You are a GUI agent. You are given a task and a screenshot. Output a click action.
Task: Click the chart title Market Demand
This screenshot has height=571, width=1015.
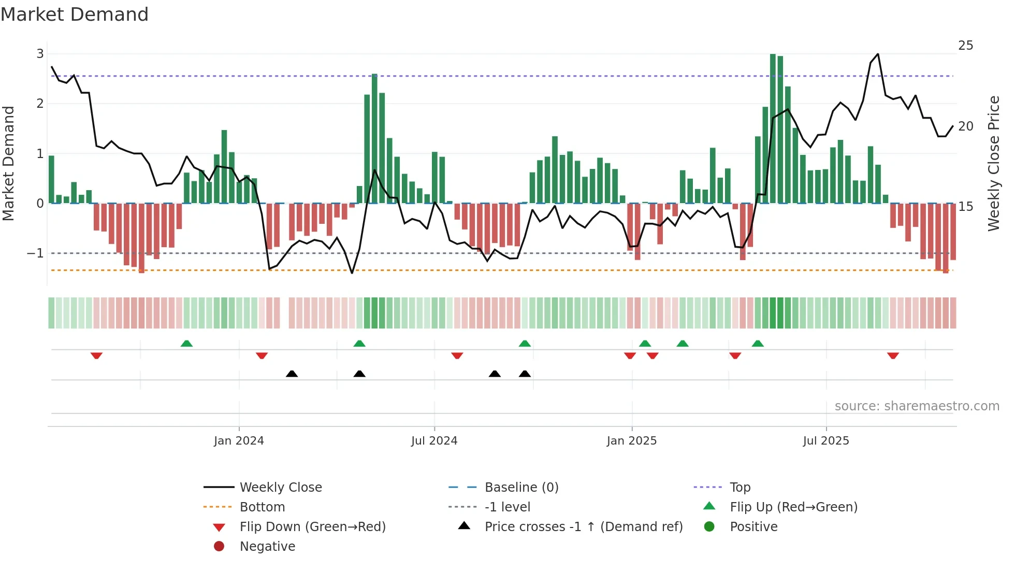pos(75,14)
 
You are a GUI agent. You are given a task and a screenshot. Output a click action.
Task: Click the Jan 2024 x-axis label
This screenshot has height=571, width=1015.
pos(239,441)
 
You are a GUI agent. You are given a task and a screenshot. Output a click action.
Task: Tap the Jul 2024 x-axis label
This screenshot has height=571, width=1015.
pos(434,441)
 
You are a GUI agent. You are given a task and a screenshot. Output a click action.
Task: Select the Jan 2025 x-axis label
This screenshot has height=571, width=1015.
pos(631,441)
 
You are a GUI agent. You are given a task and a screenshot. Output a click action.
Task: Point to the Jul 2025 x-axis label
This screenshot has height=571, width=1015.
pos(826,441)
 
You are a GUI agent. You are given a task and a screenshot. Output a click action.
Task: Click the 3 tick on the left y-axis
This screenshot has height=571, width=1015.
pos(40,53)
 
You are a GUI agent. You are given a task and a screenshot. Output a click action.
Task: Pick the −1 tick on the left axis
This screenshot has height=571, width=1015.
pos(35,253)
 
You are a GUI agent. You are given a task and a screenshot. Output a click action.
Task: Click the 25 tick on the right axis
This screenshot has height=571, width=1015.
pos(965,46)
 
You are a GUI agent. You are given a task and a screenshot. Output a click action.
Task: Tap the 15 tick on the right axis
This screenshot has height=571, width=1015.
pos(965,207)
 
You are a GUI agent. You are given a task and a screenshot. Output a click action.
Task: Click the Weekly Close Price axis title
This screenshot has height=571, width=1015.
pos(994,163)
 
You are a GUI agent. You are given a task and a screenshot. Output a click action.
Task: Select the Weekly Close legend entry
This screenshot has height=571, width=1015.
pos(280,487)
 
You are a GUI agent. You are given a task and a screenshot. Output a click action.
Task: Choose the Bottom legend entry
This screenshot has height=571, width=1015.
pos(262,507)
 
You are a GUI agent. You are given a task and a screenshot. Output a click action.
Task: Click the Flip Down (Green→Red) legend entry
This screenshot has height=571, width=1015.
pos(312,526)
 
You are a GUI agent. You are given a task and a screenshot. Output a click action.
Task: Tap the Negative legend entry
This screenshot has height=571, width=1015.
pos(267,546)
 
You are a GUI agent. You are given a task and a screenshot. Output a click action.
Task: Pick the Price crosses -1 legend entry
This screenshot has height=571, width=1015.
pos(583,526)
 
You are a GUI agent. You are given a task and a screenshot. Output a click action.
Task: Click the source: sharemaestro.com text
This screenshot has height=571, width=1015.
pos(917,406)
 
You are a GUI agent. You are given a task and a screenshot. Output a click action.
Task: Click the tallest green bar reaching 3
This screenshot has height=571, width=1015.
pos(773,130)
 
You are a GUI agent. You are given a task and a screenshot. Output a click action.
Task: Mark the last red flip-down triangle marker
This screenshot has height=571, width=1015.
pos(893,355)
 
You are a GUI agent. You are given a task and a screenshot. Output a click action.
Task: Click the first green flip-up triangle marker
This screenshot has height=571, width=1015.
pos(186,344)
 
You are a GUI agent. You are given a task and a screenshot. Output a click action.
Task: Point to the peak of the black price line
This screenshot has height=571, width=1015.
pos(878,54)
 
